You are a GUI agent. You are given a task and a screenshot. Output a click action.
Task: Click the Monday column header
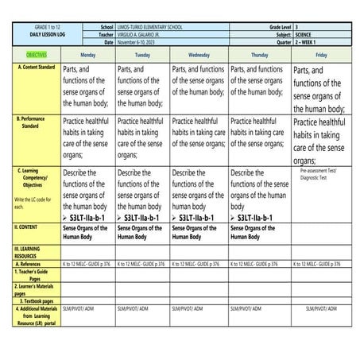click(87, 56)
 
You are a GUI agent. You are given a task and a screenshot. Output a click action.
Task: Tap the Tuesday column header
click(142, 56)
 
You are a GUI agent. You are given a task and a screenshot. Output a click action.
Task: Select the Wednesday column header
click(199, 56)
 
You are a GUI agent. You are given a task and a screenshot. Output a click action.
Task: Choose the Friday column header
click(320, 56)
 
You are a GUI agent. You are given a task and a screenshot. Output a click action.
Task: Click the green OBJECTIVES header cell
click(31, 56)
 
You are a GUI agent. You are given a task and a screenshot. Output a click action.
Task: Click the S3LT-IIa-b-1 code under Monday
click(91, 217)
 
